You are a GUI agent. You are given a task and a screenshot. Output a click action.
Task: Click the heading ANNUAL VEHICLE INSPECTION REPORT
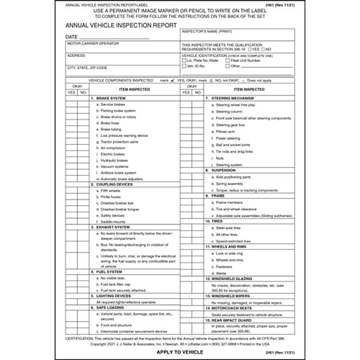(121, 26)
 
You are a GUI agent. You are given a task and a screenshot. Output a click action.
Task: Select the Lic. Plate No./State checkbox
(184, 61)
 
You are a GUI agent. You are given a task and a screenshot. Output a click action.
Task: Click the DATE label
(72, 37)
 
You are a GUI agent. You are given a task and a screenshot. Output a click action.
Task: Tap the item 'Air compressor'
(112, 148)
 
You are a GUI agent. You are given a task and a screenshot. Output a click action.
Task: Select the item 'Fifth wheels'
(110, 190)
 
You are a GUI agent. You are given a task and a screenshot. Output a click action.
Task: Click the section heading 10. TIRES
(215, 221)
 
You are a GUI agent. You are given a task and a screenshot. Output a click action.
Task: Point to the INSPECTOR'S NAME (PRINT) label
(207, 29)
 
